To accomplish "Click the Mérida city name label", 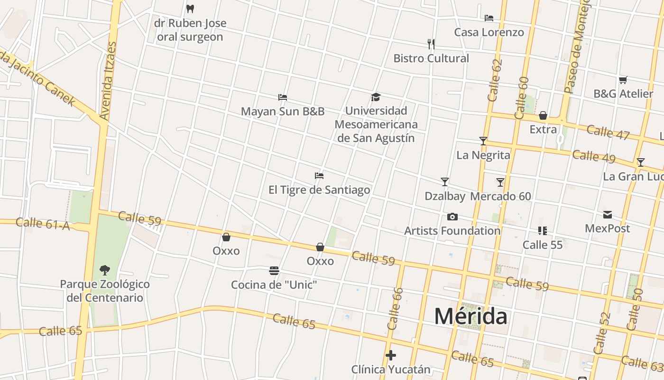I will [x=470, y=316].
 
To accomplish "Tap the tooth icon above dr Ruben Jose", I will [x=190, y=9].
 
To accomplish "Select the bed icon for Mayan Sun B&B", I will [x=283, y=97].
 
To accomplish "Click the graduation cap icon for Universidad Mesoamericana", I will [x=376, y=97].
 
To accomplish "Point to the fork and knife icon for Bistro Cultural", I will [x=431, y=44].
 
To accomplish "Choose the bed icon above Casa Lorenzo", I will [x=489, y=18].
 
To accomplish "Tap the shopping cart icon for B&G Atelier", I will [x=623, y=80].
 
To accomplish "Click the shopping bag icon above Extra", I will [x=543, y=115].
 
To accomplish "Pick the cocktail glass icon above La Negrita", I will [x=483, y=141].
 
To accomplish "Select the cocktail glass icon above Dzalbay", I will [x=445, y=182].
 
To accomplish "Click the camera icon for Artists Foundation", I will [x=452, y=217].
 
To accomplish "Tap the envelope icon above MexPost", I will [x=608, y=215].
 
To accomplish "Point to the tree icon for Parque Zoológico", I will [x=105, y=270].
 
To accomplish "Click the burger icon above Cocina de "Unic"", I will [x=274, y=271].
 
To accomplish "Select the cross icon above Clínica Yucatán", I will [x=391, y=355].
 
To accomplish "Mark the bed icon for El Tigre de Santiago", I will [x=319, y=176].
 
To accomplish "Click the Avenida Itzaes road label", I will [x=108, y=81].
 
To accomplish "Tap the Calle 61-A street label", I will [x=43, y=224].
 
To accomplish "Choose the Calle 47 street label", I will [x=608, y=133].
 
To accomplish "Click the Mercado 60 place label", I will [x=500, y=196].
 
